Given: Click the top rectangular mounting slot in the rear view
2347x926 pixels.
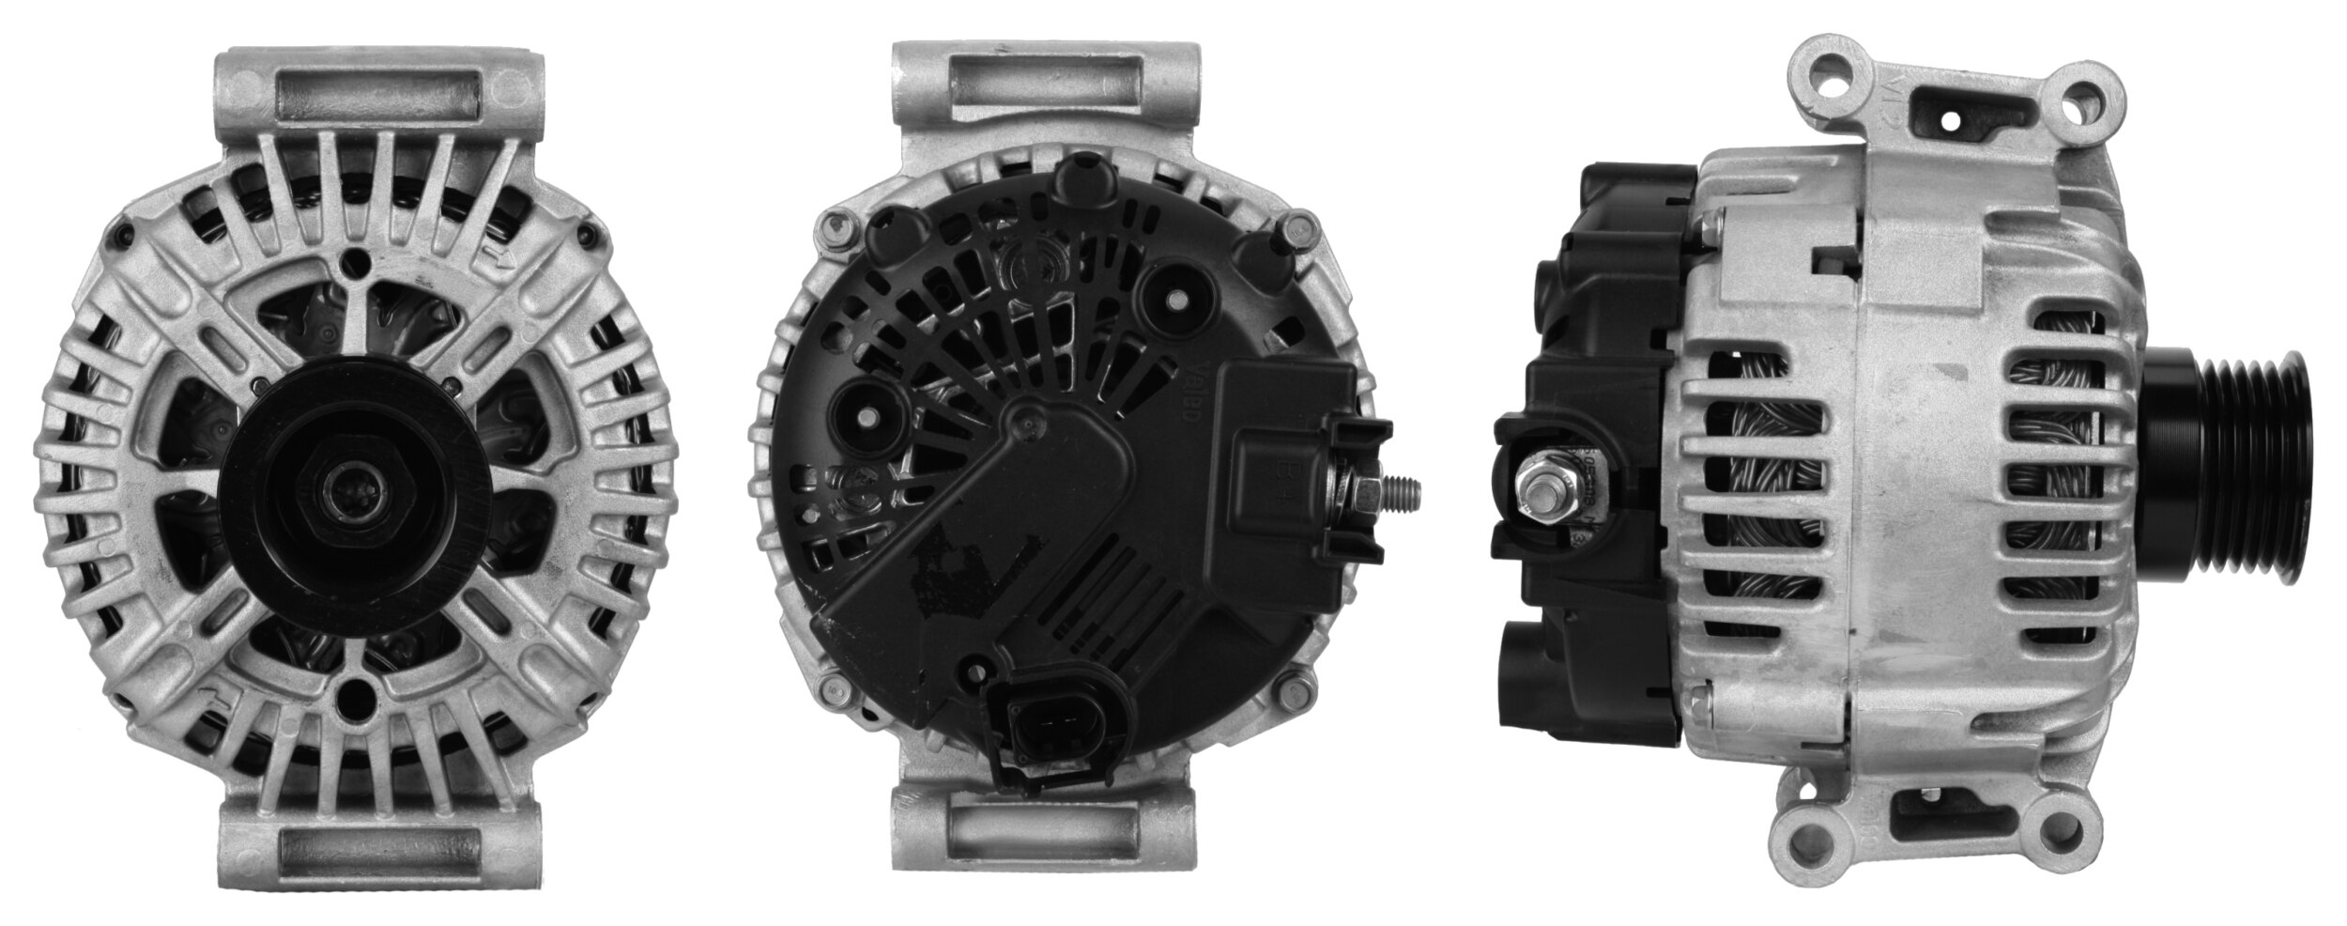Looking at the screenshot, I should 1047,100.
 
